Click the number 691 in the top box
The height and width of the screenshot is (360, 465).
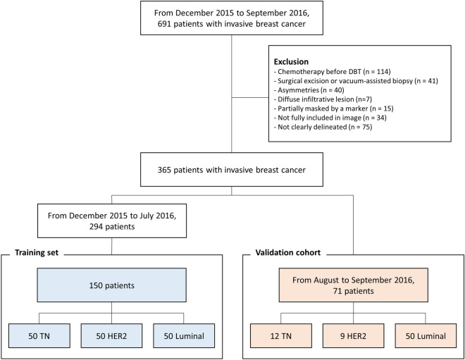click(164, 24)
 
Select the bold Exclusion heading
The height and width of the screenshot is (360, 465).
click(291, 62)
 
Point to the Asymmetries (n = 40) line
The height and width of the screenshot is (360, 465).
click(309, 90)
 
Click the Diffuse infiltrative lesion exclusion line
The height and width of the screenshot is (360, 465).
click(323, 99)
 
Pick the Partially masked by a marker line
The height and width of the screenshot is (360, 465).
click(334, 108)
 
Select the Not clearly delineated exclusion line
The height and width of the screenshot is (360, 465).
click(323, 127)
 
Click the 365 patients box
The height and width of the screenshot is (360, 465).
click(232, 170)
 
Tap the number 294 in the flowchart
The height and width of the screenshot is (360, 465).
click(96, 227)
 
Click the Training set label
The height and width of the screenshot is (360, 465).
click(37, 252)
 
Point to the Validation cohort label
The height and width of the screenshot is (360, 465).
click(288, 252)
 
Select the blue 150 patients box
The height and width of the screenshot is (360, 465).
click(112, 285)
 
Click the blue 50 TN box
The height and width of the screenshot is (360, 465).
click(39, 335)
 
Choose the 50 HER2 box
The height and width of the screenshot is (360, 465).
click(111, 335)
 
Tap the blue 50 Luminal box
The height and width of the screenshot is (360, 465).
click(184, 335)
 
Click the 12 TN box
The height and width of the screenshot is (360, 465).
click(281, 335)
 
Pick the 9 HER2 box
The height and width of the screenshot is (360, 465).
click(353, 335)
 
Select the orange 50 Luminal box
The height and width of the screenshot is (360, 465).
click(426, 335)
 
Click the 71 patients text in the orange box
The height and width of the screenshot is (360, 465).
click(353, 291)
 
